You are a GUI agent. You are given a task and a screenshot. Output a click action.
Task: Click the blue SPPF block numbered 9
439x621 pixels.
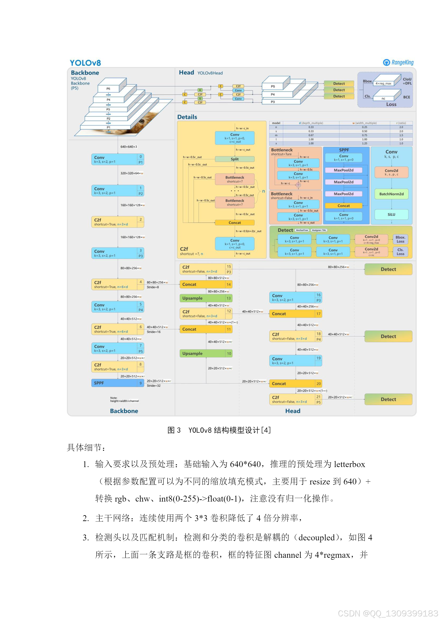click(118, 383)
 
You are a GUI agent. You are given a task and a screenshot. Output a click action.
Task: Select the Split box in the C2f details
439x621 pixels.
click(234, 159)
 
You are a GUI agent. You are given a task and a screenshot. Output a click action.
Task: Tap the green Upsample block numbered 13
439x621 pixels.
click(206, 298)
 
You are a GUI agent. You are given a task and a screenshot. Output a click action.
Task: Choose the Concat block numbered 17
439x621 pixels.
click(295, 314)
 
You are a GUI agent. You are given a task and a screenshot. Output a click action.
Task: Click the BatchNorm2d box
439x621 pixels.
click(391, 194)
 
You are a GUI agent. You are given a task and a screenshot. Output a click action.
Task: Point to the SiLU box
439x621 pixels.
click(391, 215)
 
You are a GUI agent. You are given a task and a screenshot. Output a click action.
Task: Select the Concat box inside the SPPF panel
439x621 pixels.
click(343, 206)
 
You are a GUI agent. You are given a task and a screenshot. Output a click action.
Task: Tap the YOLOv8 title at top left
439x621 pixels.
click(85, 63)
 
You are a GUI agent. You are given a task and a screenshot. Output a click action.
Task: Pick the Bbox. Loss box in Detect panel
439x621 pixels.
click(400, 239)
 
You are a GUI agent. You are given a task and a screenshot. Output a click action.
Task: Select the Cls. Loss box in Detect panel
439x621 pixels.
click(400, 252)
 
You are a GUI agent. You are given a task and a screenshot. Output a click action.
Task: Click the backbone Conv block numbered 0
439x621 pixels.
click(118, 159)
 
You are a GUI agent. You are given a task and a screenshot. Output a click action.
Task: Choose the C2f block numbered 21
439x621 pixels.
click(295, 399)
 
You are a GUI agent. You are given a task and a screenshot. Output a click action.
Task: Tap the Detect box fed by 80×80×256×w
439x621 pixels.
click(388, 269)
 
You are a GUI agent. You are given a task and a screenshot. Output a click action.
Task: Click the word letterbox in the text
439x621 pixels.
click(349, 464)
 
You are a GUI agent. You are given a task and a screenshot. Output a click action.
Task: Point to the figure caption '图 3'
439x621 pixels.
click(174, 430)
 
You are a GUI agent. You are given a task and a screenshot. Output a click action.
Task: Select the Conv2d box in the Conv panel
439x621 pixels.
click(391, 172)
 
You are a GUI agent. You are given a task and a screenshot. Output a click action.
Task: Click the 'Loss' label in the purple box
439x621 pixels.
click(391, 104)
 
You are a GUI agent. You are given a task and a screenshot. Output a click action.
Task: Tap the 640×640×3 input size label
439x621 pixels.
click(129, 147)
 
